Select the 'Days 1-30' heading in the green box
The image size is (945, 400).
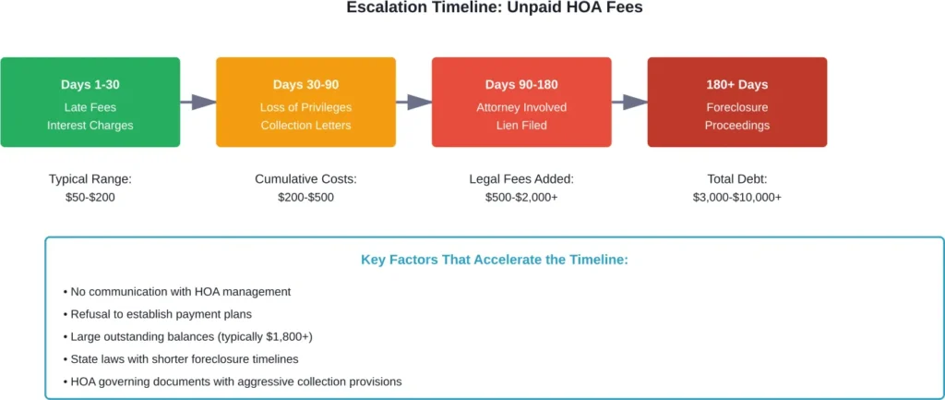[90, 84]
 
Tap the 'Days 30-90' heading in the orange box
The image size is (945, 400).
[305, 84]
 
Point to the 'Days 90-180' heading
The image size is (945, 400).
[521, 84]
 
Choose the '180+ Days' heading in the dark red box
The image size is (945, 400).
[736, 84]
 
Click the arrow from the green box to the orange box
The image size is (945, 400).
[197, 102]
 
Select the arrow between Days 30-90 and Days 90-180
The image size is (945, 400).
[413, 102]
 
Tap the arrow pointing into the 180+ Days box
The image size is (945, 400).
[629, 102]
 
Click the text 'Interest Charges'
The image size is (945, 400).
[90, 125]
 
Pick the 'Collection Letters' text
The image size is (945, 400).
[305, 125]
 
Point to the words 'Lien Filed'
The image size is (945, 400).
[521, 125]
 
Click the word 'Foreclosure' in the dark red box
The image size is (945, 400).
[736, 107]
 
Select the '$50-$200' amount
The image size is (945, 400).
[90, 197]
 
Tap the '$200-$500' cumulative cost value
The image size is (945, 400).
[305, 197]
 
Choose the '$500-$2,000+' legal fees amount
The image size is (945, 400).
[521, 197]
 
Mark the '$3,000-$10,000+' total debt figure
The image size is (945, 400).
[736, 197]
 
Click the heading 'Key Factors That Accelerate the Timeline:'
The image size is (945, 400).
[494, 260]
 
